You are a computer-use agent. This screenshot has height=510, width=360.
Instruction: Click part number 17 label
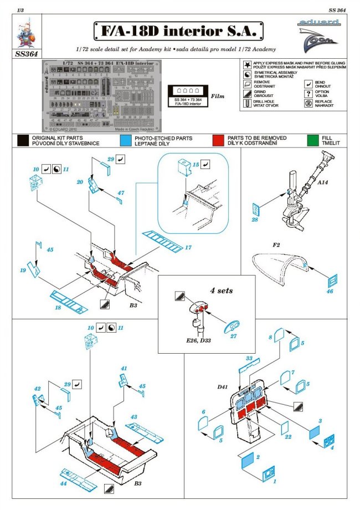(188, 248)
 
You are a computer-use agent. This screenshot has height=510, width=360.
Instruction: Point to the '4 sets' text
(221, 290)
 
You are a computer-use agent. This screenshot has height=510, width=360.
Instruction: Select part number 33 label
(249, 359)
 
